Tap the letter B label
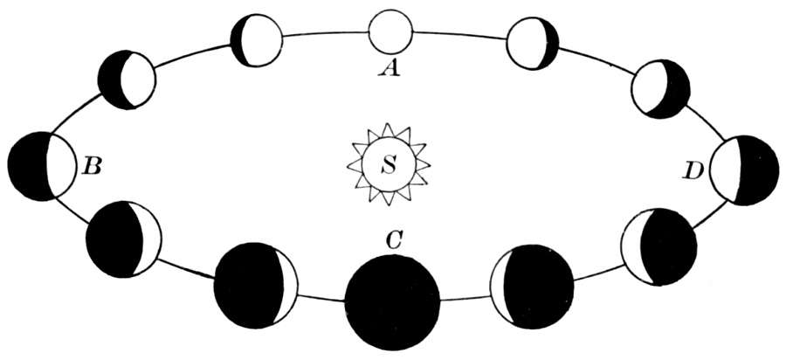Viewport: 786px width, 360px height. [91, 164]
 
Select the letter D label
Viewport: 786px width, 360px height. [694, 171]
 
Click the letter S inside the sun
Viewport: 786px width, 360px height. [390, 163]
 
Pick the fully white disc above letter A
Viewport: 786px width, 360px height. [390, 32]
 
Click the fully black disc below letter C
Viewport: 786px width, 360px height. [393, 301]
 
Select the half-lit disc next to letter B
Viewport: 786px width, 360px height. [43, 166]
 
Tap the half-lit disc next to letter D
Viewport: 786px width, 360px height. [743, 170]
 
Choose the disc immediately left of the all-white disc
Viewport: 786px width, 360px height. [257, 40]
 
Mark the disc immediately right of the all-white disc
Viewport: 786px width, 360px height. [532, 42]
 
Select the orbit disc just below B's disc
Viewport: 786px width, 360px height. [124, 239]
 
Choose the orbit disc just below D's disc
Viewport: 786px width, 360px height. [658, 246]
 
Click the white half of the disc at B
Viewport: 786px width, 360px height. [62, 166]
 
